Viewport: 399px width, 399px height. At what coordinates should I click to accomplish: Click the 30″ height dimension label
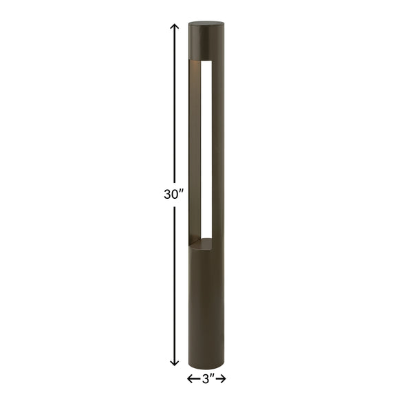(172, 194)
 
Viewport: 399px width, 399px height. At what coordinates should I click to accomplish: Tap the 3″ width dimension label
(207, 378)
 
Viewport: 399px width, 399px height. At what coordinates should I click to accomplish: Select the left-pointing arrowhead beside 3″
(191, 378)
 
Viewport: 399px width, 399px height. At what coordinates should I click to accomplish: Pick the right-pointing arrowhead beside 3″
(223, 378)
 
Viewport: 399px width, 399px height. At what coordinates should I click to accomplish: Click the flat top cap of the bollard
(205, 23)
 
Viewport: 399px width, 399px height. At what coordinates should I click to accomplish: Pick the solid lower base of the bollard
(205, 303)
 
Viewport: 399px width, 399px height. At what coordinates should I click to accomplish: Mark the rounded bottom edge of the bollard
(205, 363)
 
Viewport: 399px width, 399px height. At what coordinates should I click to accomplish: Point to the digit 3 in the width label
(204, 378)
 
